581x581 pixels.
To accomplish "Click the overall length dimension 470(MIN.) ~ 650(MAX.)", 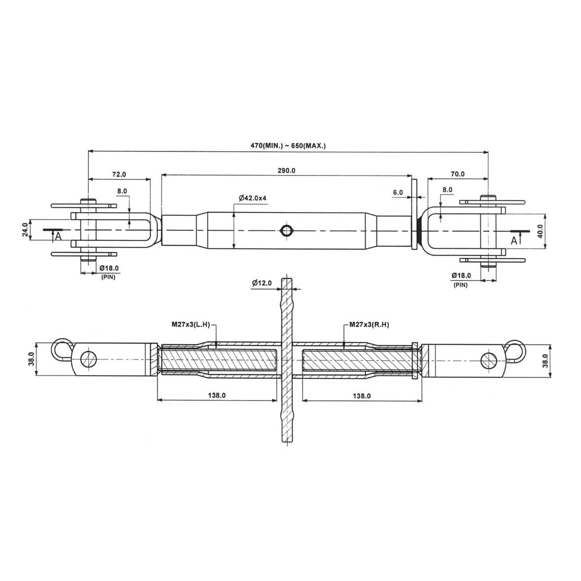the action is tap(288, 146).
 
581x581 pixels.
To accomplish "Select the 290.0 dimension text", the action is tap(286, 171).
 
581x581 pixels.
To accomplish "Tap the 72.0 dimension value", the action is tap(119, 174).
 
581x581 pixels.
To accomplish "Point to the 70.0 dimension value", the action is tap(457, 174).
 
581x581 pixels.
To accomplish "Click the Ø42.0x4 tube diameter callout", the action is tap(253, 198).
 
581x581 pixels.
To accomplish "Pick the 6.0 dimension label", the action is tap(398, 193).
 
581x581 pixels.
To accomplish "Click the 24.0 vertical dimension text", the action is tap(25, 230).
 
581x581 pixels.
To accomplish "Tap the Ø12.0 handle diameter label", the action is tap(262, 283).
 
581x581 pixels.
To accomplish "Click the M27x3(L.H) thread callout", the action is tap(190, 325).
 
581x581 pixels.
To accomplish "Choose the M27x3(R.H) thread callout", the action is tap(370, 325).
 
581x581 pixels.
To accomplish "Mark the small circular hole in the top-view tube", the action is tap(286, 231).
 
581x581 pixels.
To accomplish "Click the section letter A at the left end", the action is tap(58, 237).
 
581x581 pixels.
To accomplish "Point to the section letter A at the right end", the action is tap(513, 241).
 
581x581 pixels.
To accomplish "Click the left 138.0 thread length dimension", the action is tap(217, 395).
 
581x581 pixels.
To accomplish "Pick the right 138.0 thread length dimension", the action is tap(362, 396).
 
